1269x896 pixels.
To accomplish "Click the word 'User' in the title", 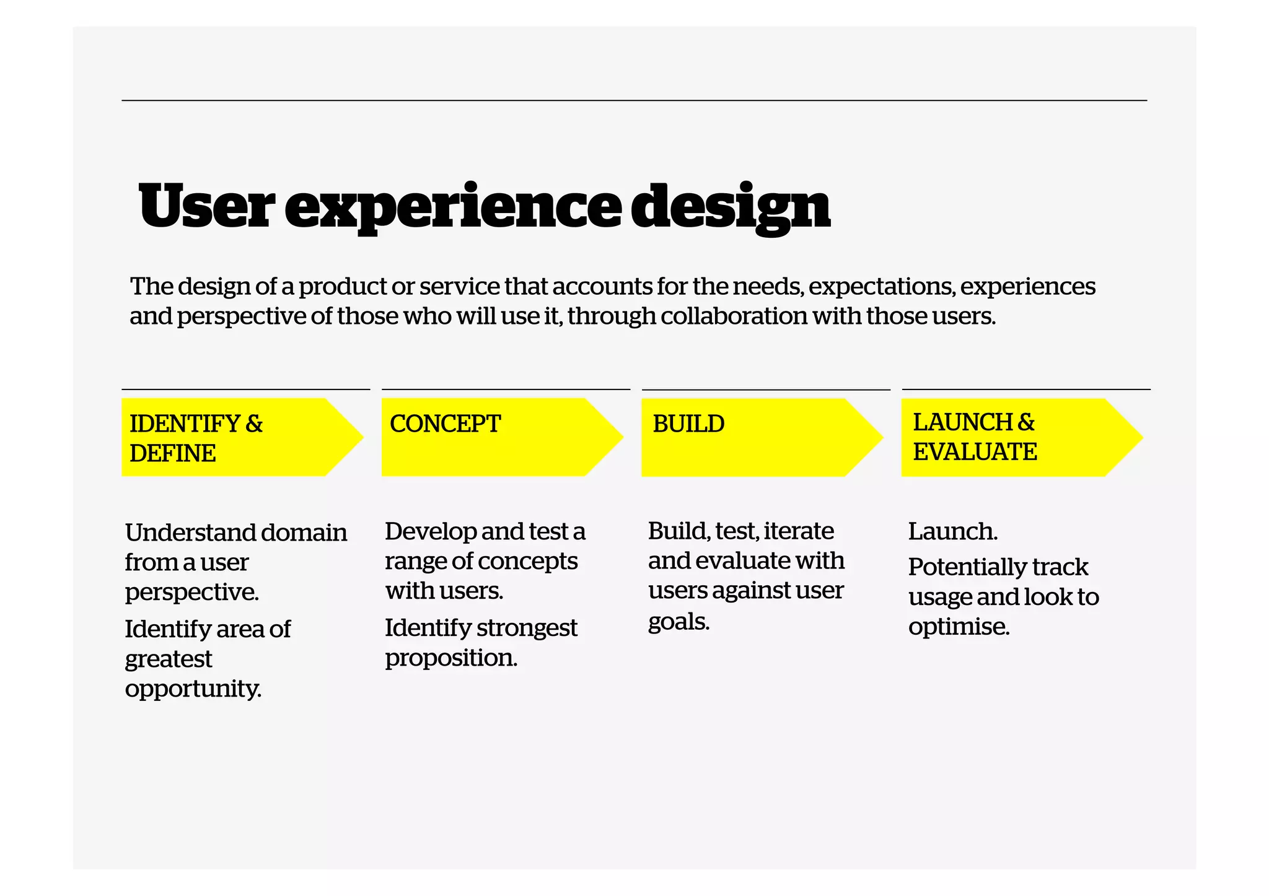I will click(206, 206).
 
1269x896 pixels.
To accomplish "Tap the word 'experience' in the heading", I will click(453, 207).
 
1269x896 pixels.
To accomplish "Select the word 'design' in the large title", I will click(731, 207).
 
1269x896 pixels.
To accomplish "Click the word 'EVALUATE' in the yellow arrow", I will click(975, 452).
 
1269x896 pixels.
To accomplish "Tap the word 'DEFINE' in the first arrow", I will click(173, 454).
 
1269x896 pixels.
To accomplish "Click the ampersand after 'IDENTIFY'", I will click(254, 424).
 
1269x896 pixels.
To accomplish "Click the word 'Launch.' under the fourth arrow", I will click(952, 531).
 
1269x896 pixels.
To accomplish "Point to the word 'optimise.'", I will click(959, 627).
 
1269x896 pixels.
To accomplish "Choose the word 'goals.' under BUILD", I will click(678, 621).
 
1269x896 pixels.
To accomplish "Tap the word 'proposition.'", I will click(450, 658).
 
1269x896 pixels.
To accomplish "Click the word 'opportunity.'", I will click(193, 689).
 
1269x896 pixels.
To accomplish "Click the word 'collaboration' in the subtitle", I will click(734, 316).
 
